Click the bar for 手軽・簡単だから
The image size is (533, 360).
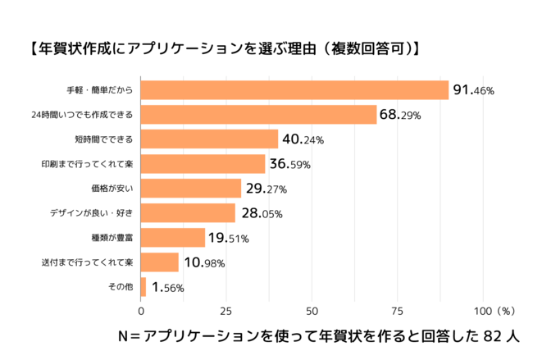(295, 89)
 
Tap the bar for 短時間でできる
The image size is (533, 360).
(210, 139)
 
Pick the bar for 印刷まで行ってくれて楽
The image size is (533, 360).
(203, 163)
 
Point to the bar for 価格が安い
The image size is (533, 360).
(191, 189)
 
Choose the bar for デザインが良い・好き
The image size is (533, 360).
(189, 213)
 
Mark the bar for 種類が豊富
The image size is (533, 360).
(173, 238)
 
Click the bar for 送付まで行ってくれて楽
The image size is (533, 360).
(160, 262)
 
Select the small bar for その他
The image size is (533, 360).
(143, 287)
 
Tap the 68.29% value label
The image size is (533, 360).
(401, 115)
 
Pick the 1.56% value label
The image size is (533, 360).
(167, 288)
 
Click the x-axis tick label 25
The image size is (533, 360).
(226, 312)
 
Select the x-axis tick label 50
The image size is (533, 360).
(312, 312)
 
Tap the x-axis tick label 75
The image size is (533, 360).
(397, 312)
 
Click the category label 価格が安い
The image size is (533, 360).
(113, 189)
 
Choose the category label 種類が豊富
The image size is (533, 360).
(113, 238)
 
